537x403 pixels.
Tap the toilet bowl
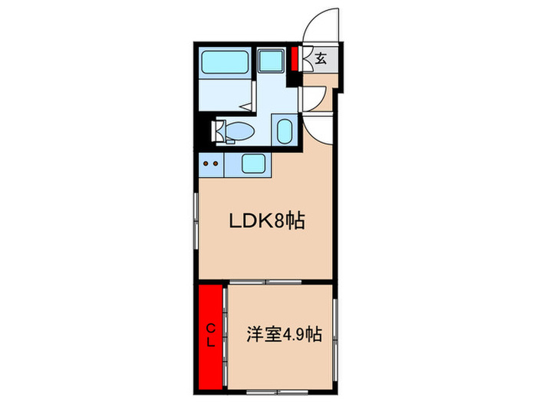click(x=239, y=132)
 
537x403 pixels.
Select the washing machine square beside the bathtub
click(x=268, y=61)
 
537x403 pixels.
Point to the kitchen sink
click(x=253, y=163)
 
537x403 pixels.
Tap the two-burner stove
click(x=211, y=163)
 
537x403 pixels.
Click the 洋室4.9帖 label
click(x=283, y=335)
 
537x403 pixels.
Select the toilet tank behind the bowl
click(x=219, y=131)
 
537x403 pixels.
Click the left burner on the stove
click(x=206, y=163)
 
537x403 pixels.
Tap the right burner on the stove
click(x=217, y=163)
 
